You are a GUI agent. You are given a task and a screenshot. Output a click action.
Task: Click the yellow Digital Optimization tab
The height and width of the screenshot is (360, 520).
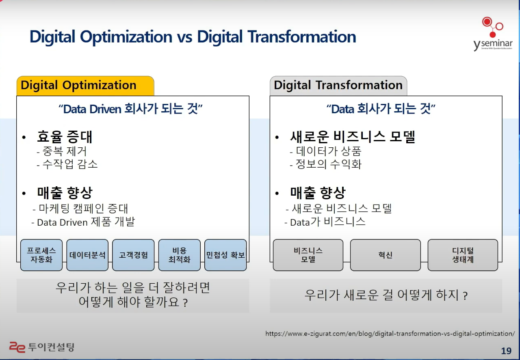(x=85, y=86)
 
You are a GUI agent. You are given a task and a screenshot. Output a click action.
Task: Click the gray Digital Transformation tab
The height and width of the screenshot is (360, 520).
(x=338, y=86)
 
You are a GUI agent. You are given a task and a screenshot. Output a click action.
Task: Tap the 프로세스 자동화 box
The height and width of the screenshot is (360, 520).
(x=41, y=255)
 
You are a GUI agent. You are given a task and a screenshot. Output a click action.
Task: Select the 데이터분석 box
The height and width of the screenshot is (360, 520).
(x=87, y=255)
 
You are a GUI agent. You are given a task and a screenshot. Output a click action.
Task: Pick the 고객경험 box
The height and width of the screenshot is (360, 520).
(x=133, y=255)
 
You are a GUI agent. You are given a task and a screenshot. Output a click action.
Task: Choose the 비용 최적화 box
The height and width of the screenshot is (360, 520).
(x=180, y=255)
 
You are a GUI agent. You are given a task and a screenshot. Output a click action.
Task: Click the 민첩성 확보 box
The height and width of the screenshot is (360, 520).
(x=225, y=255)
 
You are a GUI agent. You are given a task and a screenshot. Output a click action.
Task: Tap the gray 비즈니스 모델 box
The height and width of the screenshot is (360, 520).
(x=308, y=255)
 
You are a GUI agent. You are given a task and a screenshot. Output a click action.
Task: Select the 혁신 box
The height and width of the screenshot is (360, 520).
(x=386, y=255)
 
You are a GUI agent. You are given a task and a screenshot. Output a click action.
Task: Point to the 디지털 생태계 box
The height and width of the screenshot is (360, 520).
(x=463, y=255)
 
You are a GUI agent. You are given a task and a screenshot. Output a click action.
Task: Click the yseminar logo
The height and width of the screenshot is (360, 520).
(x=493, y=34)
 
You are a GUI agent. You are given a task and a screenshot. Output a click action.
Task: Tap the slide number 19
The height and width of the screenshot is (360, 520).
(x=506, y=351)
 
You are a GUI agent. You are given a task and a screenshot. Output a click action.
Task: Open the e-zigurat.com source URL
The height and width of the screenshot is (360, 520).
(x=390, y=334)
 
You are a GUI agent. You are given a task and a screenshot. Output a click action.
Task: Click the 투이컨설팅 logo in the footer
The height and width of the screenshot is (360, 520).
(x=42, y=347)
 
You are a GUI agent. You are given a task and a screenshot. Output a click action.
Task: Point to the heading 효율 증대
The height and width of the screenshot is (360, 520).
(x=65, y=136)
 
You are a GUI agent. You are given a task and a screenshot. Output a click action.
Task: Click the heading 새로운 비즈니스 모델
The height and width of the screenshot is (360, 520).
(x=352, y=136)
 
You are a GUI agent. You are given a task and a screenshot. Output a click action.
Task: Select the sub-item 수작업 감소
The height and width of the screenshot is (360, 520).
(x=67, y=164)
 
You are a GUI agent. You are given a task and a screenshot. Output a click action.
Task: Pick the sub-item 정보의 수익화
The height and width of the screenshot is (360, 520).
(x=326, y=164)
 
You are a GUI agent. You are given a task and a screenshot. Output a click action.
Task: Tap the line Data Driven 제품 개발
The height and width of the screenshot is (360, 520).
(x=83, y=222)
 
